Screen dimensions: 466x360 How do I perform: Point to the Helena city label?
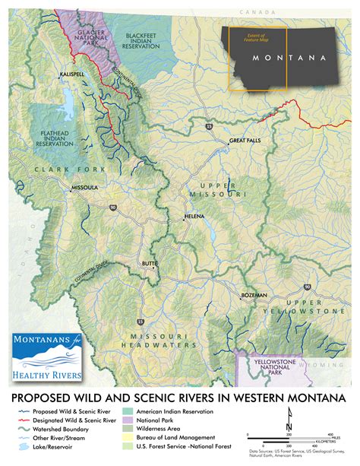click(x=195, y=217)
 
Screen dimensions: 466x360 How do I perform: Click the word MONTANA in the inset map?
click(x=289, y=58)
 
